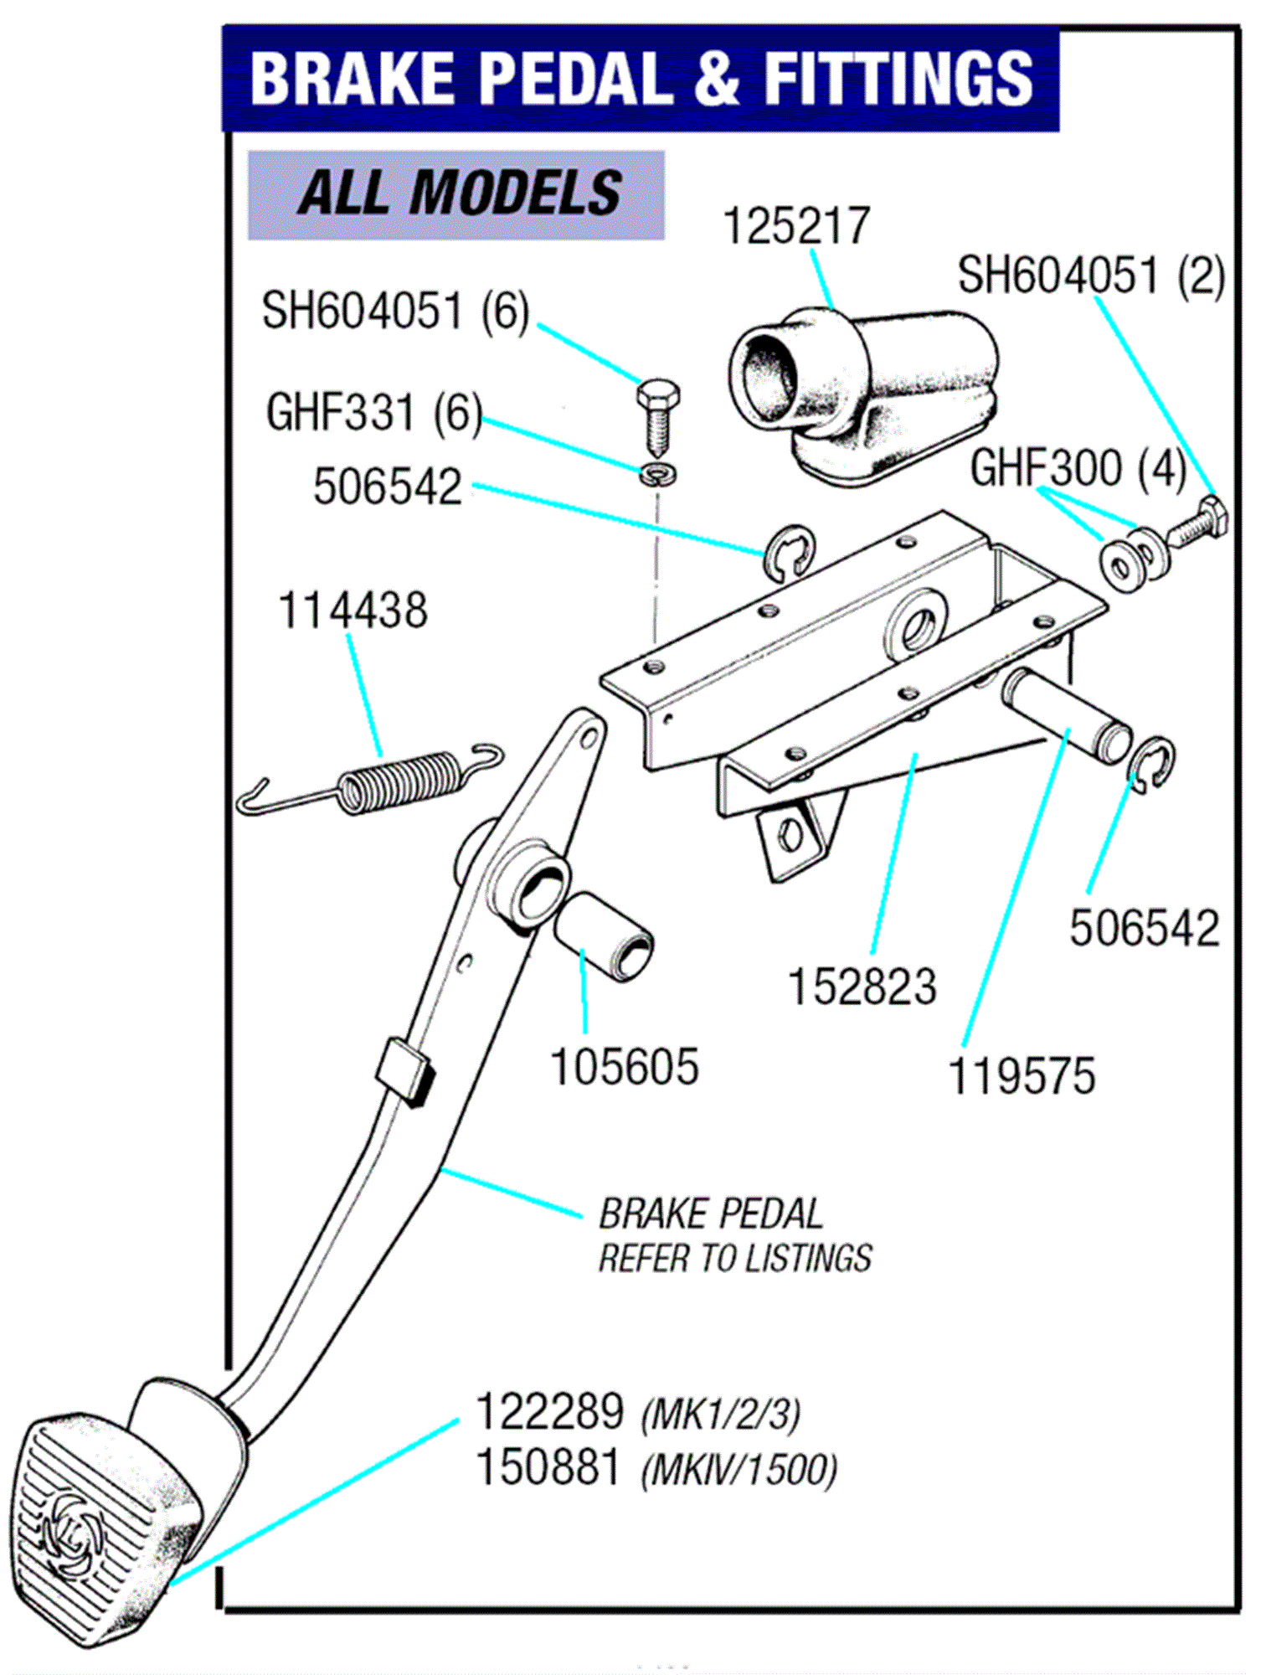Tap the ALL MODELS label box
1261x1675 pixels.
(456, 194)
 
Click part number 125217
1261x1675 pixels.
(796, 226)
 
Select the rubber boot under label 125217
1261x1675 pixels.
(862, 394)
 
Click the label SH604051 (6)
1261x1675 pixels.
(395, 311)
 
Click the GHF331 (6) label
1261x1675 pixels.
(373, 413)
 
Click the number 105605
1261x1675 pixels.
(624, 1067)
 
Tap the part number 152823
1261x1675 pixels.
(862, 987)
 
